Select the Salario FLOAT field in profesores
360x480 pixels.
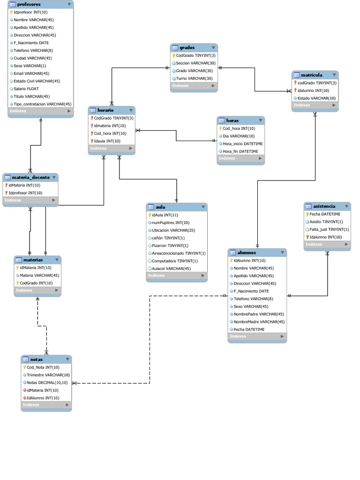tap(26, 89)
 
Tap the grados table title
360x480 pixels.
tap(187, 47)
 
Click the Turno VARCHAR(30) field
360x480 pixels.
tap(194, 78)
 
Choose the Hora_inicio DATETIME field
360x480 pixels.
tap(242, 144)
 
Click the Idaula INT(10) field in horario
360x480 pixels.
tap(107, 141)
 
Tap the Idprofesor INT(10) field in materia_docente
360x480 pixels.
tap(25, 193)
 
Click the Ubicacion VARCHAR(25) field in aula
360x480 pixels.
tap(173, 231)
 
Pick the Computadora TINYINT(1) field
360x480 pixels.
tap(175, 261)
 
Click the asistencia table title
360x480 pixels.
tap(324, 206)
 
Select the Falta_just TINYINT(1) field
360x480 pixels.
tap(329, 230)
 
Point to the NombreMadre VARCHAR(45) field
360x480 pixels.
tap(259, 322)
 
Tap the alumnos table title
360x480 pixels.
tap(247, 253)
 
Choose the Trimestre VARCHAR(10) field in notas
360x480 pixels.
tap(48, 375)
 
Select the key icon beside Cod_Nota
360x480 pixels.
tap(24, 367)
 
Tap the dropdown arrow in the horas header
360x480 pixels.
tap(260, 120)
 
